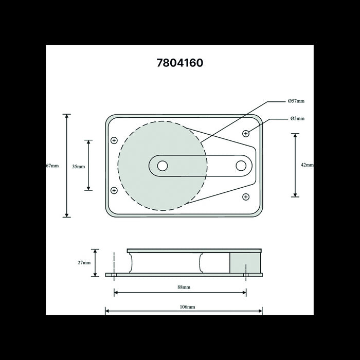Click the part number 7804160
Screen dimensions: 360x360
pyautogui.click(x=179, y=63)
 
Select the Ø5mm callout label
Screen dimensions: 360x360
pyautogui.click(x=297, y=119)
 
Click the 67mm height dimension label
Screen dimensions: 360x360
pyautogui.click(x=52, y=166)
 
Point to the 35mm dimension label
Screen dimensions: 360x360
pyautogui.click(x=79, y=166)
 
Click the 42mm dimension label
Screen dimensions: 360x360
pyautogui.click(x=307, y=165)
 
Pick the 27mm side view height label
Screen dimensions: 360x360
pyautogui.click(x=84, y=263)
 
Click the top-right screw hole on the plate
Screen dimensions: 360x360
pyautogui.click(x=246, y=134)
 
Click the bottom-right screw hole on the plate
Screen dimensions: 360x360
pyautogui.click(x=246, y=196)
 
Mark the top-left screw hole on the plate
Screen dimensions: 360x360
pyautogui.click(x=114, y=140)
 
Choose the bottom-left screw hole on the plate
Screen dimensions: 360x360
pyautogui.click(x=114, y=190)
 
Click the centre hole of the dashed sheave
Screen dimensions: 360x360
pyautogui.click(x=162, y=166)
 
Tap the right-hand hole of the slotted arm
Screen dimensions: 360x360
pyautogui.click(x=241, y=166)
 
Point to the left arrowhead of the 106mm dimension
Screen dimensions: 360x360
pyautogui.click(x=107, y=311)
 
